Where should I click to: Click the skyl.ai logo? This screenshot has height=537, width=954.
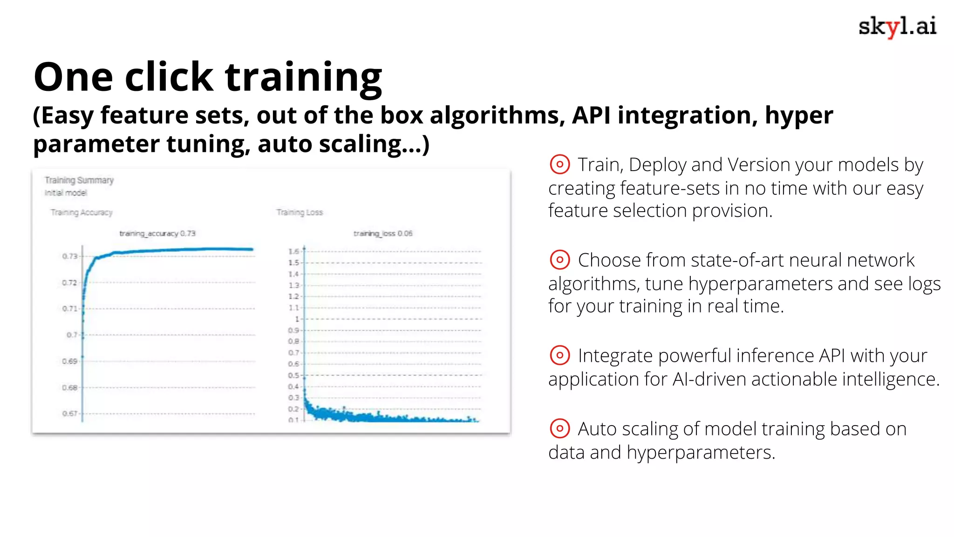(x=897, y=27)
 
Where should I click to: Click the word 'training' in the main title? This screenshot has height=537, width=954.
(x=303, y=77)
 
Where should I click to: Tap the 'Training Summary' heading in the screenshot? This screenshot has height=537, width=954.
(x=79, y=180)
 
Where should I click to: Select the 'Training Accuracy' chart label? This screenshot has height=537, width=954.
(x=82, y=213)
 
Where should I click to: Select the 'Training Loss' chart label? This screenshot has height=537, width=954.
(x=300, y=213)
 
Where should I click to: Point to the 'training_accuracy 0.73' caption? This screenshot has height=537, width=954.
(x=157, y=234)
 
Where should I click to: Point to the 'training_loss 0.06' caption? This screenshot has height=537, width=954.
(x=383, y=234)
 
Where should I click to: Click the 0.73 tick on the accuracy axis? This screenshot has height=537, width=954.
(x=69, y=256)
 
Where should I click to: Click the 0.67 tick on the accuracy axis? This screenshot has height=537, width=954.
(x=69, y=413)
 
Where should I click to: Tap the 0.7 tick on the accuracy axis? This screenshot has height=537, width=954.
(x=72, y=335)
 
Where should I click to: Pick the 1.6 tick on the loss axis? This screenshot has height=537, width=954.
(x=293, y=252)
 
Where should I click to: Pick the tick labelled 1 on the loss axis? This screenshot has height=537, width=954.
(x=297, y=319)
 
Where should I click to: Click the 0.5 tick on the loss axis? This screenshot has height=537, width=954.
(x=293, y=376)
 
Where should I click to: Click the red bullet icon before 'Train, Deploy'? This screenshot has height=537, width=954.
(x=559, y=165)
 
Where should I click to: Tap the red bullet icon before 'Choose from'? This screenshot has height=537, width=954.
(x=559, y=260)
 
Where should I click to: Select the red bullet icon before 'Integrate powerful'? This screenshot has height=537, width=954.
(x=559, y=355)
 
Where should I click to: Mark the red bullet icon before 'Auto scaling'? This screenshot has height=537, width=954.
(x=559, y=428)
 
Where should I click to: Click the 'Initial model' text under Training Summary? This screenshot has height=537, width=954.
(x=66, y=193)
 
